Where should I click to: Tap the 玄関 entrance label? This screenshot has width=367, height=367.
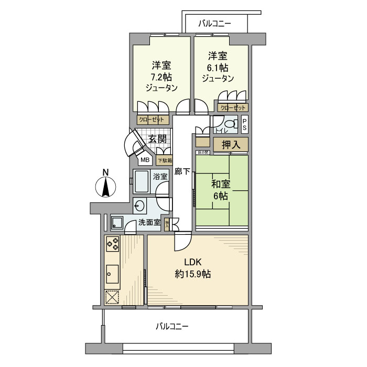click(x=157, y=139)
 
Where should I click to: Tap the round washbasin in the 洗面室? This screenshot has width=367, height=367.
click(x=141, y=205)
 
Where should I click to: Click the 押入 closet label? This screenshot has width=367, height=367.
click(x=230, y=145)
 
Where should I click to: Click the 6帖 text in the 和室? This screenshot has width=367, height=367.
click(x=220, y=196)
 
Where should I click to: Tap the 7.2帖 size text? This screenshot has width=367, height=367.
click(x=162, y=77)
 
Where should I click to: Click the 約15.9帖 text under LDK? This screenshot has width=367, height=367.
click(x=192, y=274)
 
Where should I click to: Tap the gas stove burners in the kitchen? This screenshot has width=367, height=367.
click(x=113, y=243)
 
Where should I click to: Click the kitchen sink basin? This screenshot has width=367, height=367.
click(x=113, y=272)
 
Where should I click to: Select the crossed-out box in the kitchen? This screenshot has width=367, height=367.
click(x=113, y=297)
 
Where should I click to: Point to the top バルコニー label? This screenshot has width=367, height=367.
click(x=215, y=23)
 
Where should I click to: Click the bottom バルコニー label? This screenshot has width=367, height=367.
click(x=172, y=327)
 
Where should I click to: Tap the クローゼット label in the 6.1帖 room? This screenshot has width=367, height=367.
click(x=231, y=107)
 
